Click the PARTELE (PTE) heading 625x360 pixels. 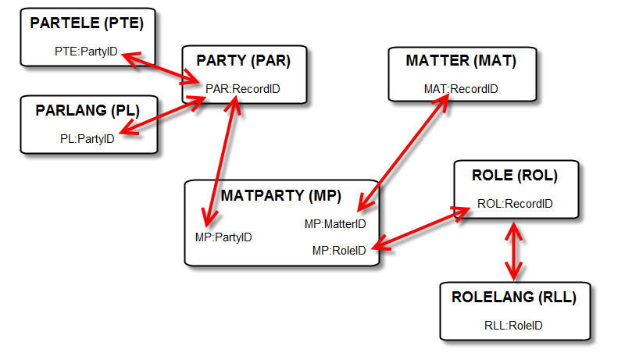pyautogui.click(x=87, y=23)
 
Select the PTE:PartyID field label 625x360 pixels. pyautogui.click(x=86, y=52)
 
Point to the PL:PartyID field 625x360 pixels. pyautogui.click(x=87, y=139)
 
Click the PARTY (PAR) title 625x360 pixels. pyautogui.click(x=242, y=60)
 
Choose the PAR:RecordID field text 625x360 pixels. pyautogui.click(x=243, y=89)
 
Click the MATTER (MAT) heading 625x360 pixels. pyautogui.click(x=460, y=60)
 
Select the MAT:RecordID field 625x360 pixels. pyautogui.click(x=460, y=89)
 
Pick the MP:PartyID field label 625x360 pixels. pyautogui.click(x=223, y=237)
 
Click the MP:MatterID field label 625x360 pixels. pyautogui.click(x=334, y=224)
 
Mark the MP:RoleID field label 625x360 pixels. pyautogui.click(x=339, y=250)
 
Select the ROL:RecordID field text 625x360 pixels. pyautogui.click(x=515, y=204)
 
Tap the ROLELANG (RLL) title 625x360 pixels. pyautogui.click(x=513, y=297)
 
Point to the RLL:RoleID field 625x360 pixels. pyautogui.click(x=513, y=326)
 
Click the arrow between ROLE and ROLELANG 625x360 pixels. pyautogui.click(x=513, y=250)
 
